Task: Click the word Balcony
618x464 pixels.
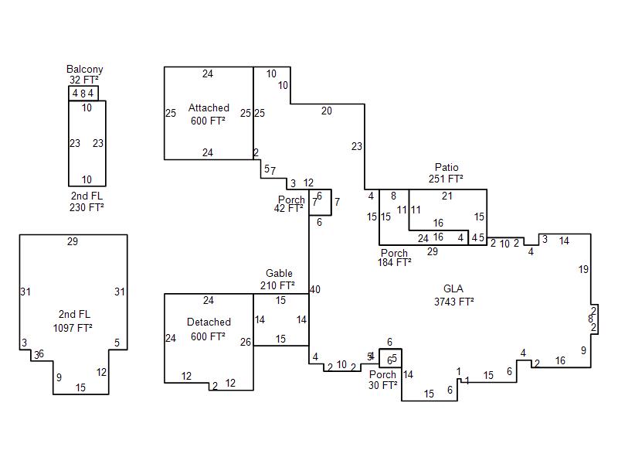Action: pos(84,70)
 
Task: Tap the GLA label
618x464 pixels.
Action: pos(453,289)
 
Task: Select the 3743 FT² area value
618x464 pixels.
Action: pos(453,302)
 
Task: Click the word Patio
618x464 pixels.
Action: pos(447,167)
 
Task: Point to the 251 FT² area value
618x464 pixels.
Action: pos(446,179)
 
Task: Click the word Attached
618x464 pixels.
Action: pos(209,108)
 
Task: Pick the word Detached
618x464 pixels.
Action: pos(209,322)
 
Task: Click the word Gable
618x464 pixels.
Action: pos(279,274)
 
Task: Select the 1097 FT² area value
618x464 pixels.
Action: pos(73,328)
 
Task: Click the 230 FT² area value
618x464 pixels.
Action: pos(86,207)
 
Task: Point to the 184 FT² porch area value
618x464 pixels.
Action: pos(394,263)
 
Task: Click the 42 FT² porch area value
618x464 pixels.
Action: pos(289,208)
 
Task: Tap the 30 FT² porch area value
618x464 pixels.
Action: pos(383,385)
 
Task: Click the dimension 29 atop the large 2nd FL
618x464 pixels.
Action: pos(73,242)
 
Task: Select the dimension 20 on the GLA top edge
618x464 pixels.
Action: pos(327,111)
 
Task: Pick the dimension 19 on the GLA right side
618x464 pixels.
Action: pos(584,269)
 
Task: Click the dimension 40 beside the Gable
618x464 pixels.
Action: pos(315,290)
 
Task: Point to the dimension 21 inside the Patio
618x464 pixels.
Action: pos(447,196)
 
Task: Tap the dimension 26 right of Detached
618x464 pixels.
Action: pos(246,342)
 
